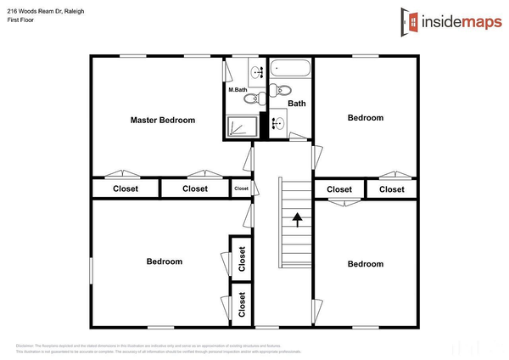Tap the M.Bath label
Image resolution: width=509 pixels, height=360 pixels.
click(x=237, y=89)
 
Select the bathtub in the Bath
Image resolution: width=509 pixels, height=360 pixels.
click(x=290, y=68)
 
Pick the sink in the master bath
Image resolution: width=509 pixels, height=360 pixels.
click(x=255, y=72)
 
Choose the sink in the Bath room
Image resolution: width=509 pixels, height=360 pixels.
click(x=277, y=123)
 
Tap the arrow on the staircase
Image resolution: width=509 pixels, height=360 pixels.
click(x=298, y=220)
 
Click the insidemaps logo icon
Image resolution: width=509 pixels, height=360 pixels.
click(x=410, y=20)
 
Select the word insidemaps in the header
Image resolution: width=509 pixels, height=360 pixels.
click(x=458, y=20)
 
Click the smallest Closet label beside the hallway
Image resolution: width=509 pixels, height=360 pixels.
click(x=242, y=188)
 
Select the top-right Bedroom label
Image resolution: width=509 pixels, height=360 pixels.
click(x=366, y=118)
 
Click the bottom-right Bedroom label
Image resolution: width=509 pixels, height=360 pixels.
click(x=366, y=264)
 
